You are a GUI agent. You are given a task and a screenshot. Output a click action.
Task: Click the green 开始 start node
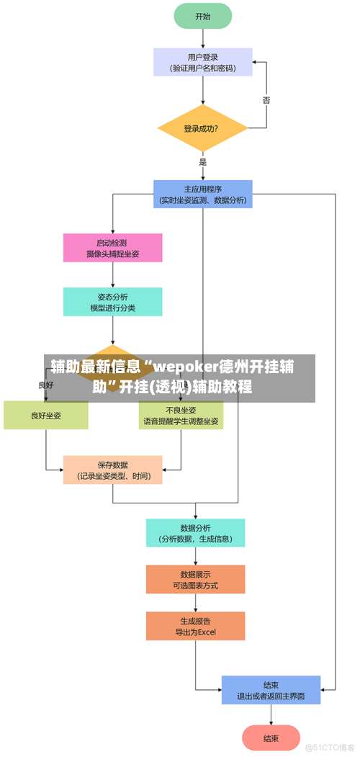point(203,16)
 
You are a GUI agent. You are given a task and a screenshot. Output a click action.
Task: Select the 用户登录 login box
point(203,62)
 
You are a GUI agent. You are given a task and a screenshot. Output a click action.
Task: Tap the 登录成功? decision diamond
point(202,129)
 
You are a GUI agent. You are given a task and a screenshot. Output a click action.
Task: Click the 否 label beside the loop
point(266,100)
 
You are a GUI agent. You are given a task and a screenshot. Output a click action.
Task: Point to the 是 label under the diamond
point(203,162)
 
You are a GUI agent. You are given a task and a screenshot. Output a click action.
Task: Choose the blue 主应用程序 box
point(203,194)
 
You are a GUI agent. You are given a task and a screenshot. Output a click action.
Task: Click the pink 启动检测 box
point(112,248)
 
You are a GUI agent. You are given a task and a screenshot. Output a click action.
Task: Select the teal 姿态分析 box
point(112,302)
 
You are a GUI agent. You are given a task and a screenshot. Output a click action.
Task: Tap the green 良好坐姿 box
point(46,416)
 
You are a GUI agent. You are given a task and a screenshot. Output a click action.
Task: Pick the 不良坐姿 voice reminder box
point(181,416)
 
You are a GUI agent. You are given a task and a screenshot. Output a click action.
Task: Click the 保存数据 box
point(112,470)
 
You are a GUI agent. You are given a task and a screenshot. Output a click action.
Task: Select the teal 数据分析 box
point(195,533)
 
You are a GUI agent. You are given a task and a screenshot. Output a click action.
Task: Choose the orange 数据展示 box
point(195,579)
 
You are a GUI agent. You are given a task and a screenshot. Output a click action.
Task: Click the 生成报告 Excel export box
point(195,626)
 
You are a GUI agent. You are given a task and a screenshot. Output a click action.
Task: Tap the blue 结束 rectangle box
point(271,690)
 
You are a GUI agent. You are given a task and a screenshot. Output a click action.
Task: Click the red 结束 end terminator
point(271,738)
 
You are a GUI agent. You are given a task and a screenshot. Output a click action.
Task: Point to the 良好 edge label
point(46,385)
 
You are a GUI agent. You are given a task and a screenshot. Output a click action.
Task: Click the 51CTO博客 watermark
point(330,747)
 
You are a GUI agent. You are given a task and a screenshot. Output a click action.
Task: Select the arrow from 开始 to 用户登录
point(203,38)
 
